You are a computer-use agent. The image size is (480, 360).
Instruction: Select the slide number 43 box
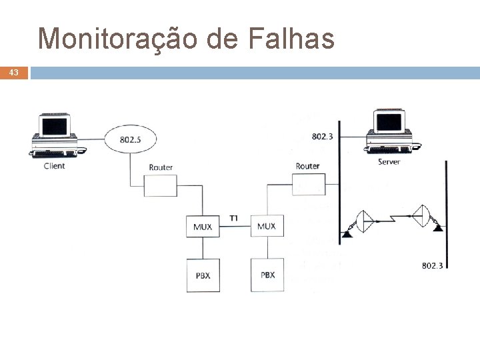[x=14, y=73]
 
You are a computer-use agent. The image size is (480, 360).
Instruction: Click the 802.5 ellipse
[x=130, y=139]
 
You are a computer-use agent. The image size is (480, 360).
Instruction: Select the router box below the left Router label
[x=161, y=185]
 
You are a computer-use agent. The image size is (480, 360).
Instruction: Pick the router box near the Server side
[x=308, y=183]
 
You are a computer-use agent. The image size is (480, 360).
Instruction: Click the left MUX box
[x=203, y=227]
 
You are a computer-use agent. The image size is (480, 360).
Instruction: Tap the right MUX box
[x=267, y=227]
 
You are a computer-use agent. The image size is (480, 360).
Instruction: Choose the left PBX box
[x=203, y=275]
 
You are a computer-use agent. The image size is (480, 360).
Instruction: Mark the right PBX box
[x=267, y=275]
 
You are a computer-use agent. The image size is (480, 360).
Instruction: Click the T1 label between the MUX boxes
[x=234, y=218]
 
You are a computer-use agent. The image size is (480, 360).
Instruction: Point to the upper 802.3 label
[x=323, y=136]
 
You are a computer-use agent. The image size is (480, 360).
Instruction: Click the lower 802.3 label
[x=432, y=265]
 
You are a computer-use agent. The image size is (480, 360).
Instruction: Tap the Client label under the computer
[x=55, y=165]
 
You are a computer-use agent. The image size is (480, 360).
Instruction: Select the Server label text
[x=389, y=162]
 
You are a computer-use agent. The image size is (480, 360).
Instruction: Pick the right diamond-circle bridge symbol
[x=421, y=216]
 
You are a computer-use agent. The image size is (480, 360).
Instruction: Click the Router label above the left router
[x=161, y=167]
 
